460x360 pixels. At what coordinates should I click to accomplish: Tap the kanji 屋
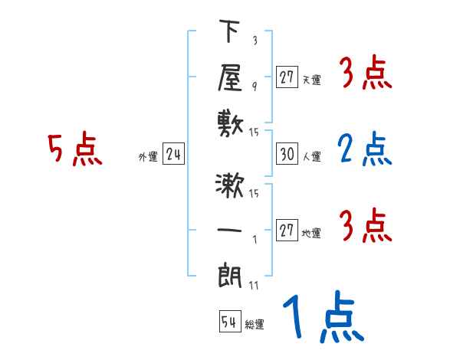click(x=230, y=77)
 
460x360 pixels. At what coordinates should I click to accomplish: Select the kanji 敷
click(x=230, y=123)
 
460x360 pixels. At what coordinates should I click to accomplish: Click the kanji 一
click(x=230, y=229)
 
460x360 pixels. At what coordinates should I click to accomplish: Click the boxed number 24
click(x=174, y=155)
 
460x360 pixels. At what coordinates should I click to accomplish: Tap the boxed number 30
click(x=287, y=155)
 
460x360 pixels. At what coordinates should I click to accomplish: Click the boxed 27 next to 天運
click(x=287, y=77)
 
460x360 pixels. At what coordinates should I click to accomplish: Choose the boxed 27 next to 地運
click(x=287, y=231)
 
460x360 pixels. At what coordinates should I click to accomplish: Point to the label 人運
click(x=312, y=157)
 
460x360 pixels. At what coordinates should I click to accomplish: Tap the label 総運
click(x=255, y=325)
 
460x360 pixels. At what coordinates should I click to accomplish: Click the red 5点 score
click(x=74, y=149)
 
